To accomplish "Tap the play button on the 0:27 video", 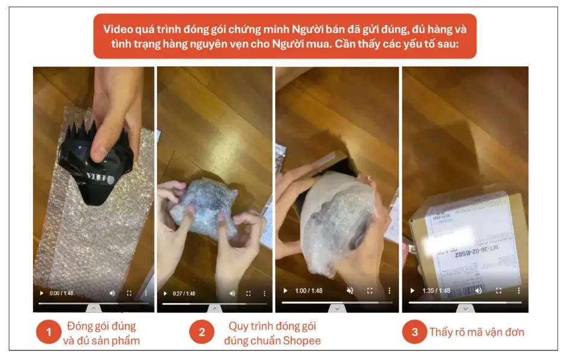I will click(x=165, y=294).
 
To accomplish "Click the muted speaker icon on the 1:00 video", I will click(x=350, y=291).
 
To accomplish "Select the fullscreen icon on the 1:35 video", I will click(x=498, y=291).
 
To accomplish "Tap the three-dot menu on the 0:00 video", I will click(x=145, y=293).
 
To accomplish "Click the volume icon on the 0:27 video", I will click(x=232, y=294).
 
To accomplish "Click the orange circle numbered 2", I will click(x=201, y=332).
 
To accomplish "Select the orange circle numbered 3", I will click(x=414, y=332).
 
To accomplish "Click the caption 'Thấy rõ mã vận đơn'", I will click(x=477, y=332).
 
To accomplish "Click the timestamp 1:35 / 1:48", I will click(x=437, y=291).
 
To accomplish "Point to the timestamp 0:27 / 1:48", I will click(x=183, y=294).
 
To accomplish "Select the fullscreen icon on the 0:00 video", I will click(x=128, y=293).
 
